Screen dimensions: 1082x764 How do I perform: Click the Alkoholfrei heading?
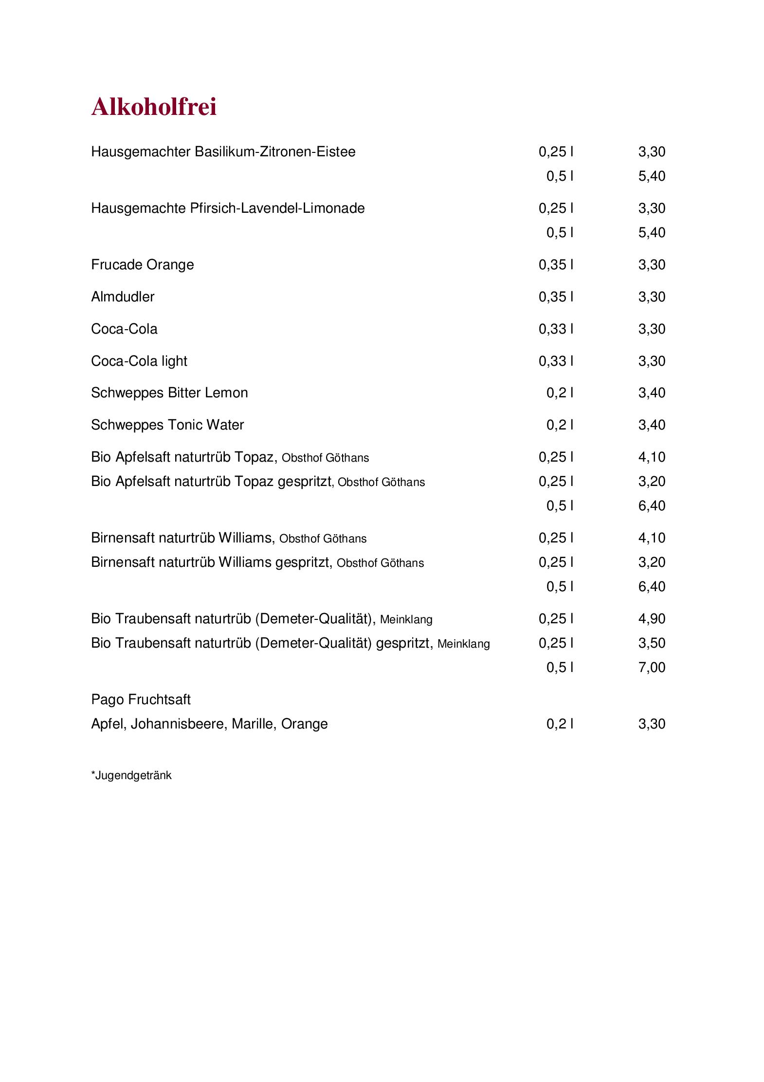tap(154, 107)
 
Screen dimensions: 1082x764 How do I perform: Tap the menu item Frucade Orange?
tap(142, 265)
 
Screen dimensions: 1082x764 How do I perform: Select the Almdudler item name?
tap(123, 297)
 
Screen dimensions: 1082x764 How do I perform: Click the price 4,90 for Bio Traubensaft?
tap(651, 619)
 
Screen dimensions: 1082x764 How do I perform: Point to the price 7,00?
tap(651, 668)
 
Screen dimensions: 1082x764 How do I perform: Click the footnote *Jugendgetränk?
tap(131, 775)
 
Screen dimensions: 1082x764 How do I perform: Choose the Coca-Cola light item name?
tap(139, 361)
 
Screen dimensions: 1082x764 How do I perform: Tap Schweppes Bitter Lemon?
tap(169, 393)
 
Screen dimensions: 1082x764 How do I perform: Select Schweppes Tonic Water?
tap(167, 425)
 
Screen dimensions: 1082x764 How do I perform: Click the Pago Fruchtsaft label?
tap(141, 700)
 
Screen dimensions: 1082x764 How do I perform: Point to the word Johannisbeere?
tap(178, 724)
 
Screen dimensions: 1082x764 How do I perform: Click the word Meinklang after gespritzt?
tap(463, 644)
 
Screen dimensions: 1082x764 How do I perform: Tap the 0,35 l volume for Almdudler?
tap(556, 297)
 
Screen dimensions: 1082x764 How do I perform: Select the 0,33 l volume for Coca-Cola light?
tap(556, 361)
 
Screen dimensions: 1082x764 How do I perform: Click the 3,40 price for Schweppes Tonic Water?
tap(651, 425)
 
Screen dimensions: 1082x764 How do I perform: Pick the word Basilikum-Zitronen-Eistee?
tap(275, 152)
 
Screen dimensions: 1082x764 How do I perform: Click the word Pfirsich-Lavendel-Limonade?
tap(277, 208)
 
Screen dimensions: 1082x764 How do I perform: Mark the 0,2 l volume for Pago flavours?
tap(560, 724)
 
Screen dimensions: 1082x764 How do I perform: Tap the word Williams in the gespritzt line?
tap(245, 562)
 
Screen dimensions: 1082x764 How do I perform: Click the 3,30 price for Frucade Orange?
tap(651, 265)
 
